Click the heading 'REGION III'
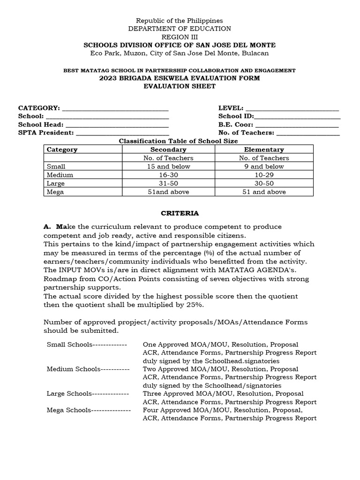[x=180, y=37]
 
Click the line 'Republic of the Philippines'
[x=180, y=21]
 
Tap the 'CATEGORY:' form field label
[x=39, y=108]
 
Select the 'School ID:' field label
[x=236, y=116]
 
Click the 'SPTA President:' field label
[x=46, y=133]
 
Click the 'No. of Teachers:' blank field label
[x=246, y=133]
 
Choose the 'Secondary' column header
[x=168, y=150]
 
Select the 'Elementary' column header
[x=264, y=150]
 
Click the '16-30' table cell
[x=168, y=175]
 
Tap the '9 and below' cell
[x=264, y=166]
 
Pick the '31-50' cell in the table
[x=168, y=183]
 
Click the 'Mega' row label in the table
[x=54, y=192]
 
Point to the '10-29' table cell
[x=264, y=175]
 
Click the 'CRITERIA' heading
[x=180, y=213]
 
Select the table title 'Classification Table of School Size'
[x=178, y=141]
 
